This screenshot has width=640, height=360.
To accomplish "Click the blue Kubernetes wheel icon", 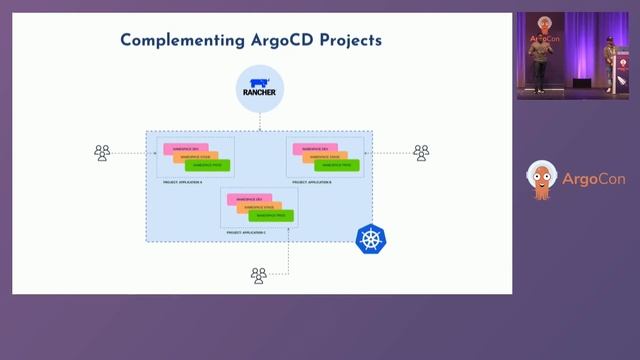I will click(x=371, y=239).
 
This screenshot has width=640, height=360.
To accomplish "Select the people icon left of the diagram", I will click(x=102, y=153).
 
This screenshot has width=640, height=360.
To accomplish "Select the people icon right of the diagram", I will click(x=421, y=153).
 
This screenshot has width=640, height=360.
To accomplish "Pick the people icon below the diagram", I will click(x=259, y=275).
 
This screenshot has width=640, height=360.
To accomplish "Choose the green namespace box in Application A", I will click(x=210, y=165).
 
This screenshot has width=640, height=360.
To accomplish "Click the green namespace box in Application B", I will click(x=340, y=165).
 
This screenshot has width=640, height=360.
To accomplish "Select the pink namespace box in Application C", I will click(x=246, y=199).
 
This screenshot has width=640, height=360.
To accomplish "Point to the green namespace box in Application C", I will click(x=273, y=215).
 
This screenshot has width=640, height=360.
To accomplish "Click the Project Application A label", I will click(x=182, y=183).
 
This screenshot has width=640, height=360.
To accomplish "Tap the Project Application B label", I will click(x=312, y=183).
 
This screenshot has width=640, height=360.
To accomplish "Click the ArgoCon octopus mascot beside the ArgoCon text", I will click(x=541, y=181).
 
